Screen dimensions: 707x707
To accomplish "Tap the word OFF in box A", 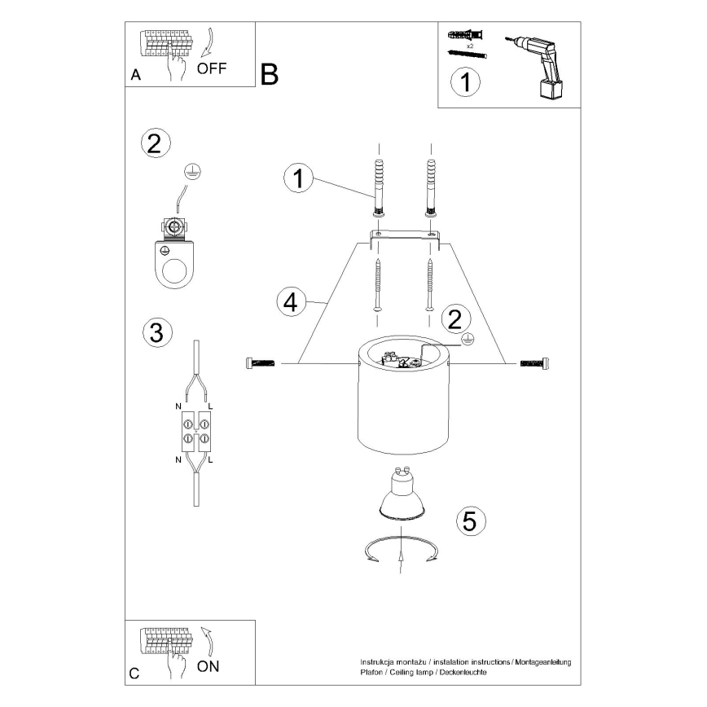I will point(212,68).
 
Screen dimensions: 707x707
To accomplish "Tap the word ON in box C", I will point(209,665).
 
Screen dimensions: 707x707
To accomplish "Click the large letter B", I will point(270,74).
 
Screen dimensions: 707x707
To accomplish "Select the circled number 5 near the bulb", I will point(468,520).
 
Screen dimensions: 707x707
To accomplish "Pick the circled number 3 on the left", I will point(156,332).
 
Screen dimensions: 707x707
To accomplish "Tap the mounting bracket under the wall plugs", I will point(404,239).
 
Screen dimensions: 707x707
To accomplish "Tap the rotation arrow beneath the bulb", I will point(402,551).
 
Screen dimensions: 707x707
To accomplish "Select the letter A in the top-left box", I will point(135,75).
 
